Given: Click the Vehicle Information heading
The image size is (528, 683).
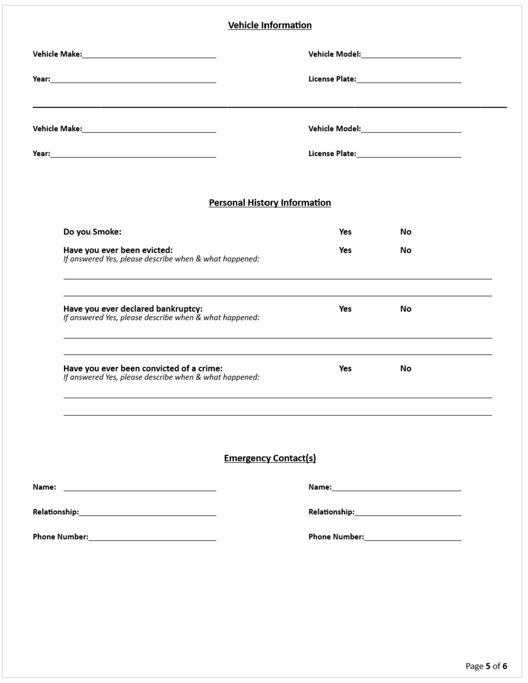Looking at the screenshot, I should coord(270,25).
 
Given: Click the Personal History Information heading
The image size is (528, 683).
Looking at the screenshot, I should coord(270,203).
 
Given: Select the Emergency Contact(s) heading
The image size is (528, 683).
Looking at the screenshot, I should coord(270,458).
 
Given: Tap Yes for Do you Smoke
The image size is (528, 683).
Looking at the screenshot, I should coord(345,232).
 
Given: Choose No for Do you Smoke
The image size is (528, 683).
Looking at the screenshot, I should coord(406,232).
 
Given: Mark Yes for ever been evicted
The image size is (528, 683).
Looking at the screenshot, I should coord(345,250).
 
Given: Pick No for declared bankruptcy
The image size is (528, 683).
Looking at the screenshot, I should coord(406,309).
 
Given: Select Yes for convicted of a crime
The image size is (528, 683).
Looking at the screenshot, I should coord(345,368).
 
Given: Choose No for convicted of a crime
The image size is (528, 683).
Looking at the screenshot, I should coord(406,368).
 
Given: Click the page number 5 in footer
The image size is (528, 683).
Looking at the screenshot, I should coord(488,666).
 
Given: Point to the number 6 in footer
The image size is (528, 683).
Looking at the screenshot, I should coord(505,666).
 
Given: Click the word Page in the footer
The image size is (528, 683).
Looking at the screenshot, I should coord(474,666).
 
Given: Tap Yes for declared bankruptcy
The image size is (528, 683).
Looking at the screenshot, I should coord(345,309).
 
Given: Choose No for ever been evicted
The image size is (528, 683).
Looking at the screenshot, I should coord(406,250).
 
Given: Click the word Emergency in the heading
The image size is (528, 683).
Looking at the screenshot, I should coord(247,458).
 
